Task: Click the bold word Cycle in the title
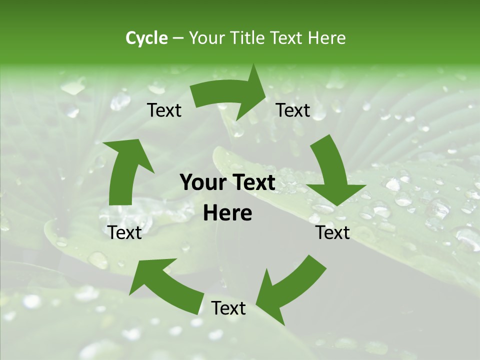point(146,38)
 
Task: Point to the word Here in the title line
point(326,38)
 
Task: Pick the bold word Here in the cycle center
point(227,213)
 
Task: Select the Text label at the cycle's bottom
point(228,308)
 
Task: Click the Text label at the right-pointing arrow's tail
point(164,110)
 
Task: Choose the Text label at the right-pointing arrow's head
point(293,110)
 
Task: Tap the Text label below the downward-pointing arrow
point(333,232)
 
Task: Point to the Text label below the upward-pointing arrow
point(125,232)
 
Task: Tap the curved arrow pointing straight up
point(125,170)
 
